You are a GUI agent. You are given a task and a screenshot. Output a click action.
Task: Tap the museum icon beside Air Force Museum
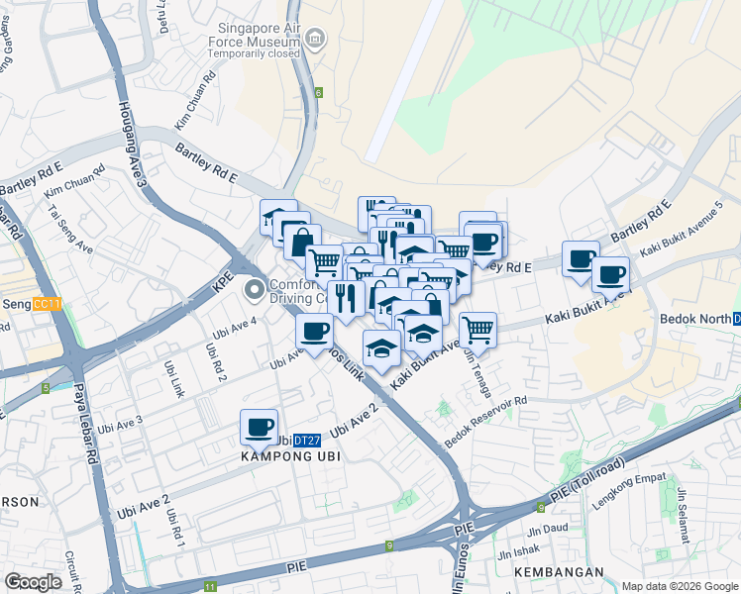point(315,41)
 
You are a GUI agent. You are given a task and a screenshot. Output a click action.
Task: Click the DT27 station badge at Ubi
point(308,441)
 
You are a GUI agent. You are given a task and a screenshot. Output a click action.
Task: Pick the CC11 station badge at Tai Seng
point(47,304)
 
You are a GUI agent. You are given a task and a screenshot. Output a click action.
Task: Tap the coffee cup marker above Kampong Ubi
point(260,427)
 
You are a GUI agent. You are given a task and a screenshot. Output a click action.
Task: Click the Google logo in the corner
point(33,582)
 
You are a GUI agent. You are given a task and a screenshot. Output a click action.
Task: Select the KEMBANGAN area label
point(559,572)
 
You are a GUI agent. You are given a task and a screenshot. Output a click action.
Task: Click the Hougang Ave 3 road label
point(133,144)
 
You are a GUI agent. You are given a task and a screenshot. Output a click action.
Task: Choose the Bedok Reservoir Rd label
point(487,423)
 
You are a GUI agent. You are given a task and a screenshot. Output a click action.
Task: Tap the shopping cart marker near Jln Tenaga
point(477,329)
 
